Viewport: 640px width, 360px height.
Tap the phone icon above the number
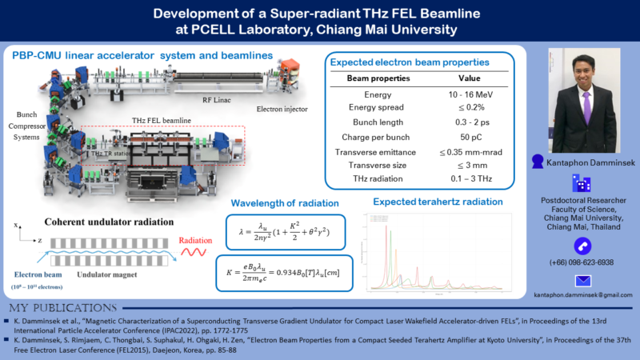click(x=582, y=245)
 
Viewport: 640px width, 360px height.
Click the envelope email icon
click(x=582, y=281)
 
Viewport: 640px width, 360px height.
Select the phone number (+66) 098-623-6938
click(x=582, y=262)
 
